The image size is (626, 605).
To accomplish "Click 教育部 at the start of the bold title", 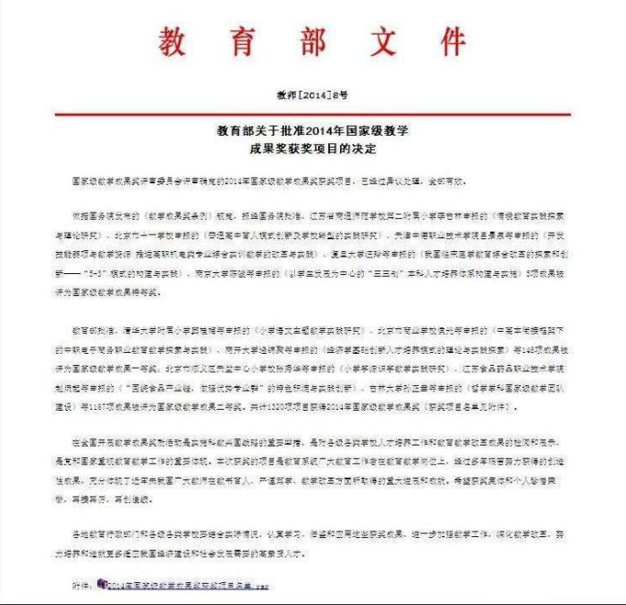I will click(233, 130).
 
